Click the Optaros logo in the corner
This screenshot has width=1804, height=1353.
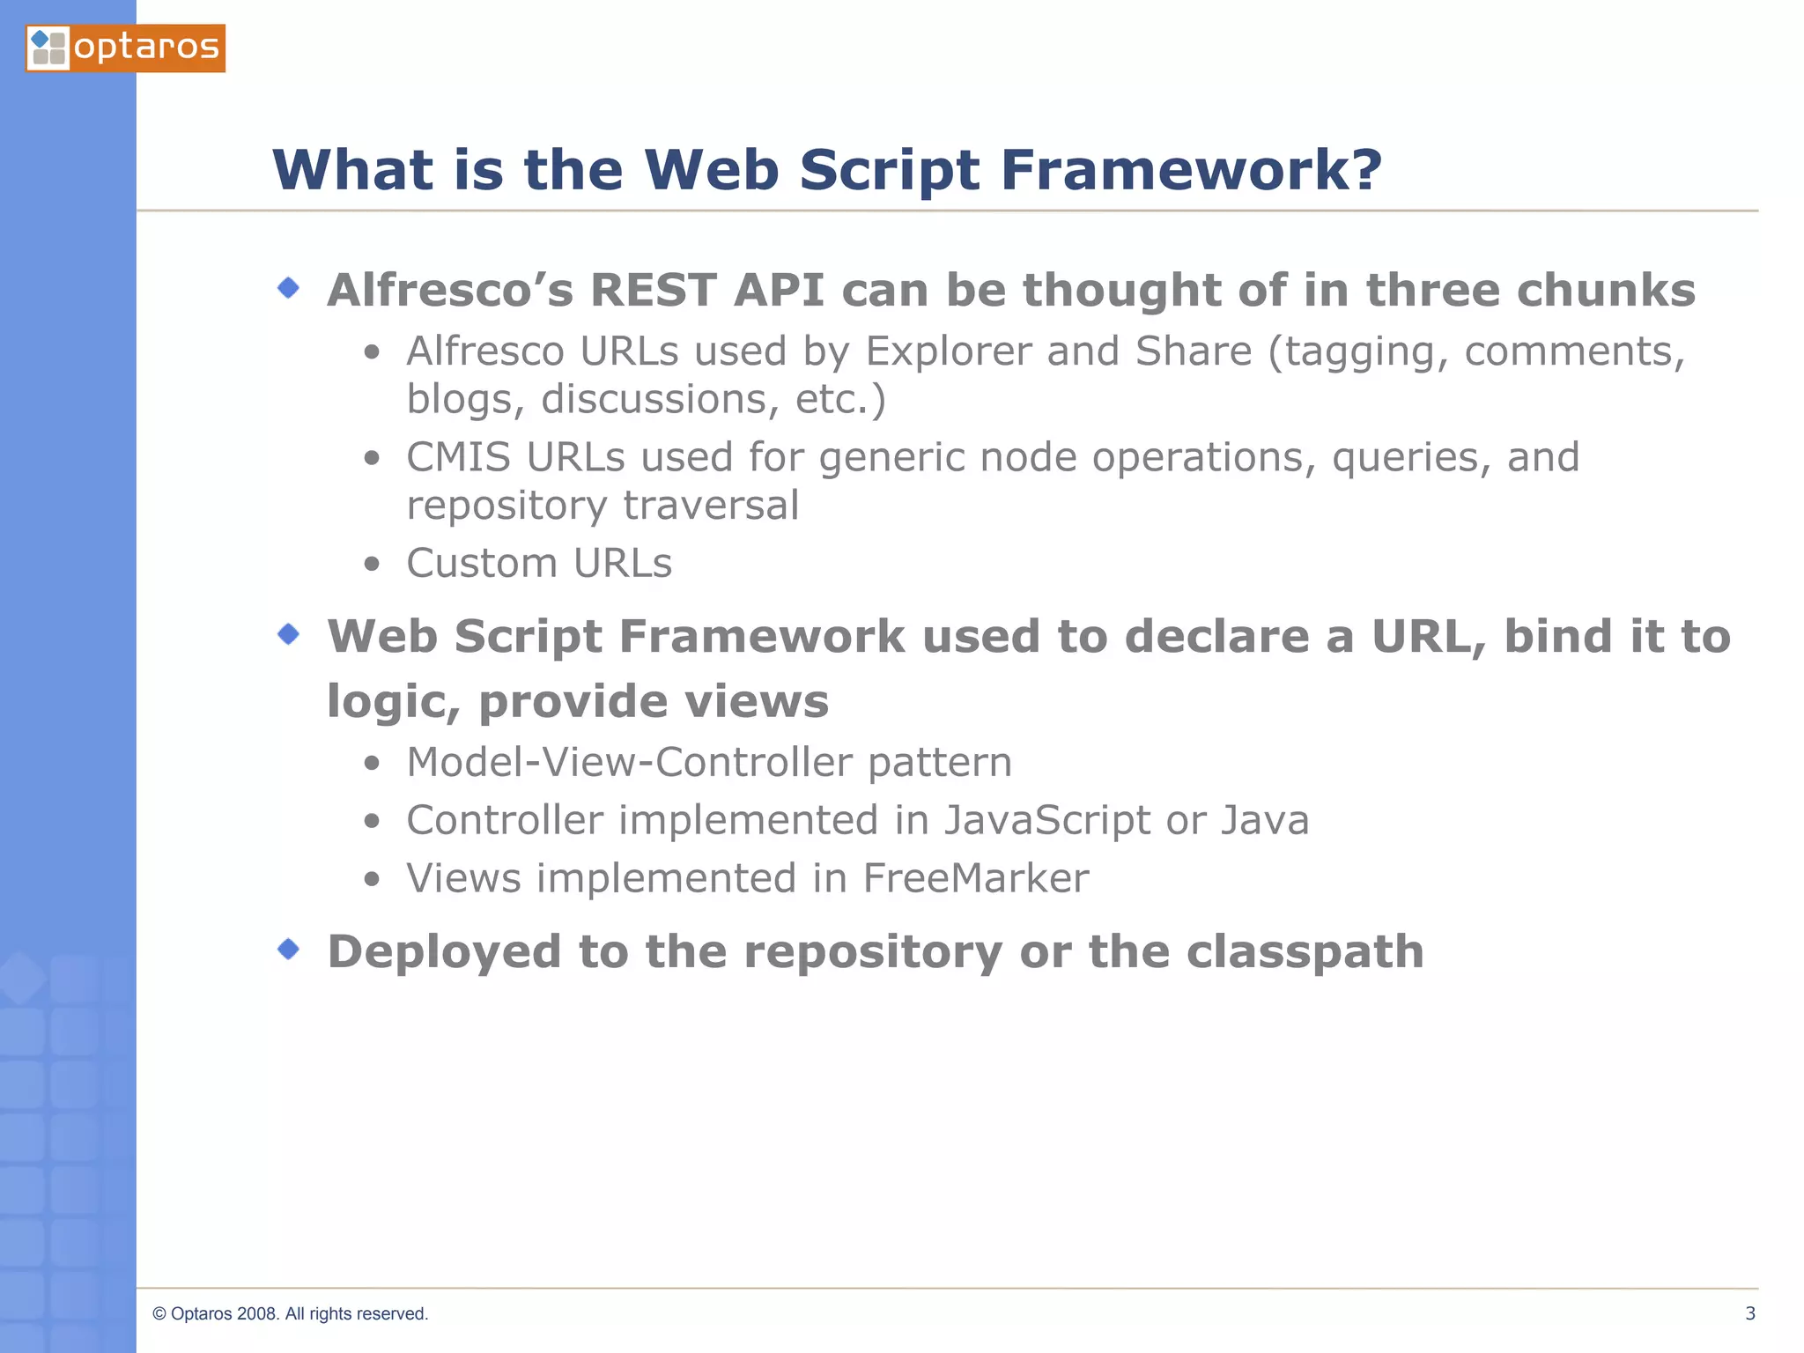point(125,48)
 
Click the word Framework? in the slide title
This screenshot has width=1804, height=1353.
point(1191,169)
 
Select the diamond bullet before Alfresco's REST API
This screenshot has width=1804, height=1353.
point(288,288)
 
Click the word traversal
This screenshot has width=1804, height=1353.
point(710,506)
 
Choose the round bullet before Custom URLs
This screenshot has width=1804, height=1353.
point(372,565)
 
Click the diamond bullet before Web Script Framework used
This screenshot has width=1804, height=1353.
point(288,634)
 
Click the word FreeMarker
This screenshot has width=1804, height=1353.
point(975,879)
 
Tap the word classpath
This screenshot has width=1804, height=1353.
point(1304,952)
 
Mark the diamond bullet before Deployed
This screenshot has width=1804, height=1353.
point(288,950)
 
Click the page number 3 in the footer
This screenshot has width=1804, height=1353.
point(1749,1313)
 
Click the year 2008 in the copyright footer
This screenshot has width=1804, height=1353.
point(257,1313)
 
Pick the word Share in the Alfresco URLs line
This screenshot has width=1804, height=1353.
point(1193,351)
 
